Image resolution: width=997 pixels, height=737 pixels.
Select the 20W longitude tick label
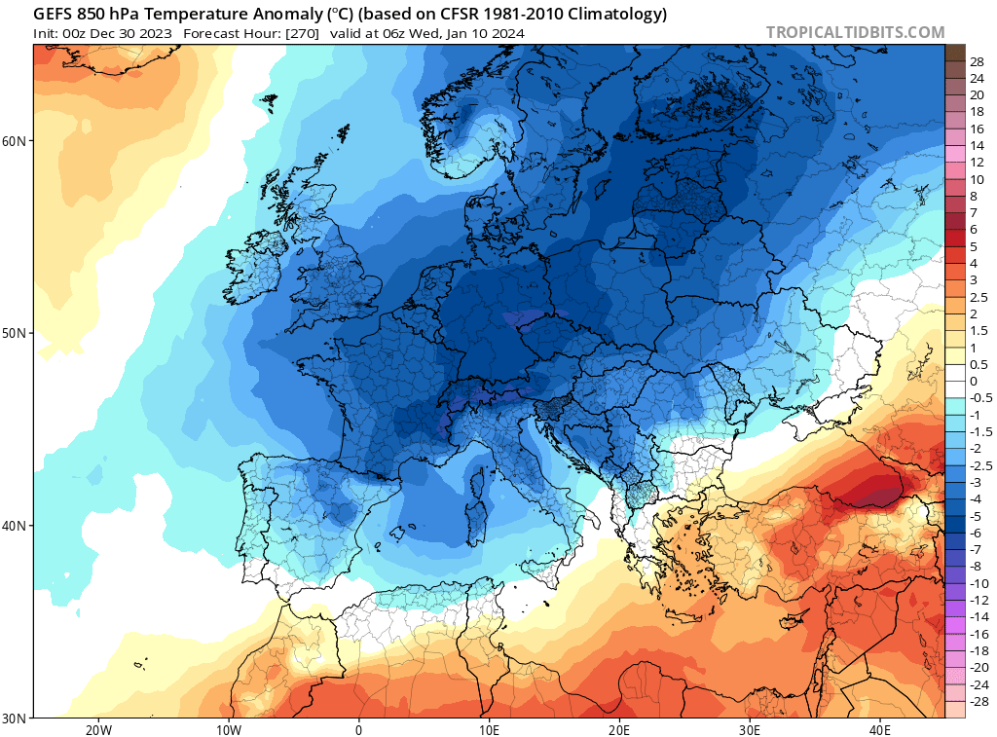[x=97, y=729]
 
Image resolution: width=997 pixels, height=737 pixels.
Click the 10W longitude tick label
[x=228, y=729]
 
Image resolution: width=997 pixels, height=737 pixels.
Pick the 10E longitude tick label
[x=489, y=729]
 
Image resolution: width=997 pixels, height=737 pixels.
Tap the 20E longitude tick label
[x=619, y=729]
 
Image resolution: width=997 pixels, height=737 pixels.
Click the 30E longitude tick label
[x=750, y=729]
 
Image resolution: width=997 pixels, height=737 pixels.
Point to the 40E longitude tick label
[x=880, y=729]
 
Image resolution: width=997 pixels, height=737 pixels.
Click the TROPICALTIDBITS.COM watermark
[x=855, y=32]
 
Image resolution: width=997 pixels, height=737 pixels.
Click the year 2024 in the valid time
[x=507, y=33]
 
